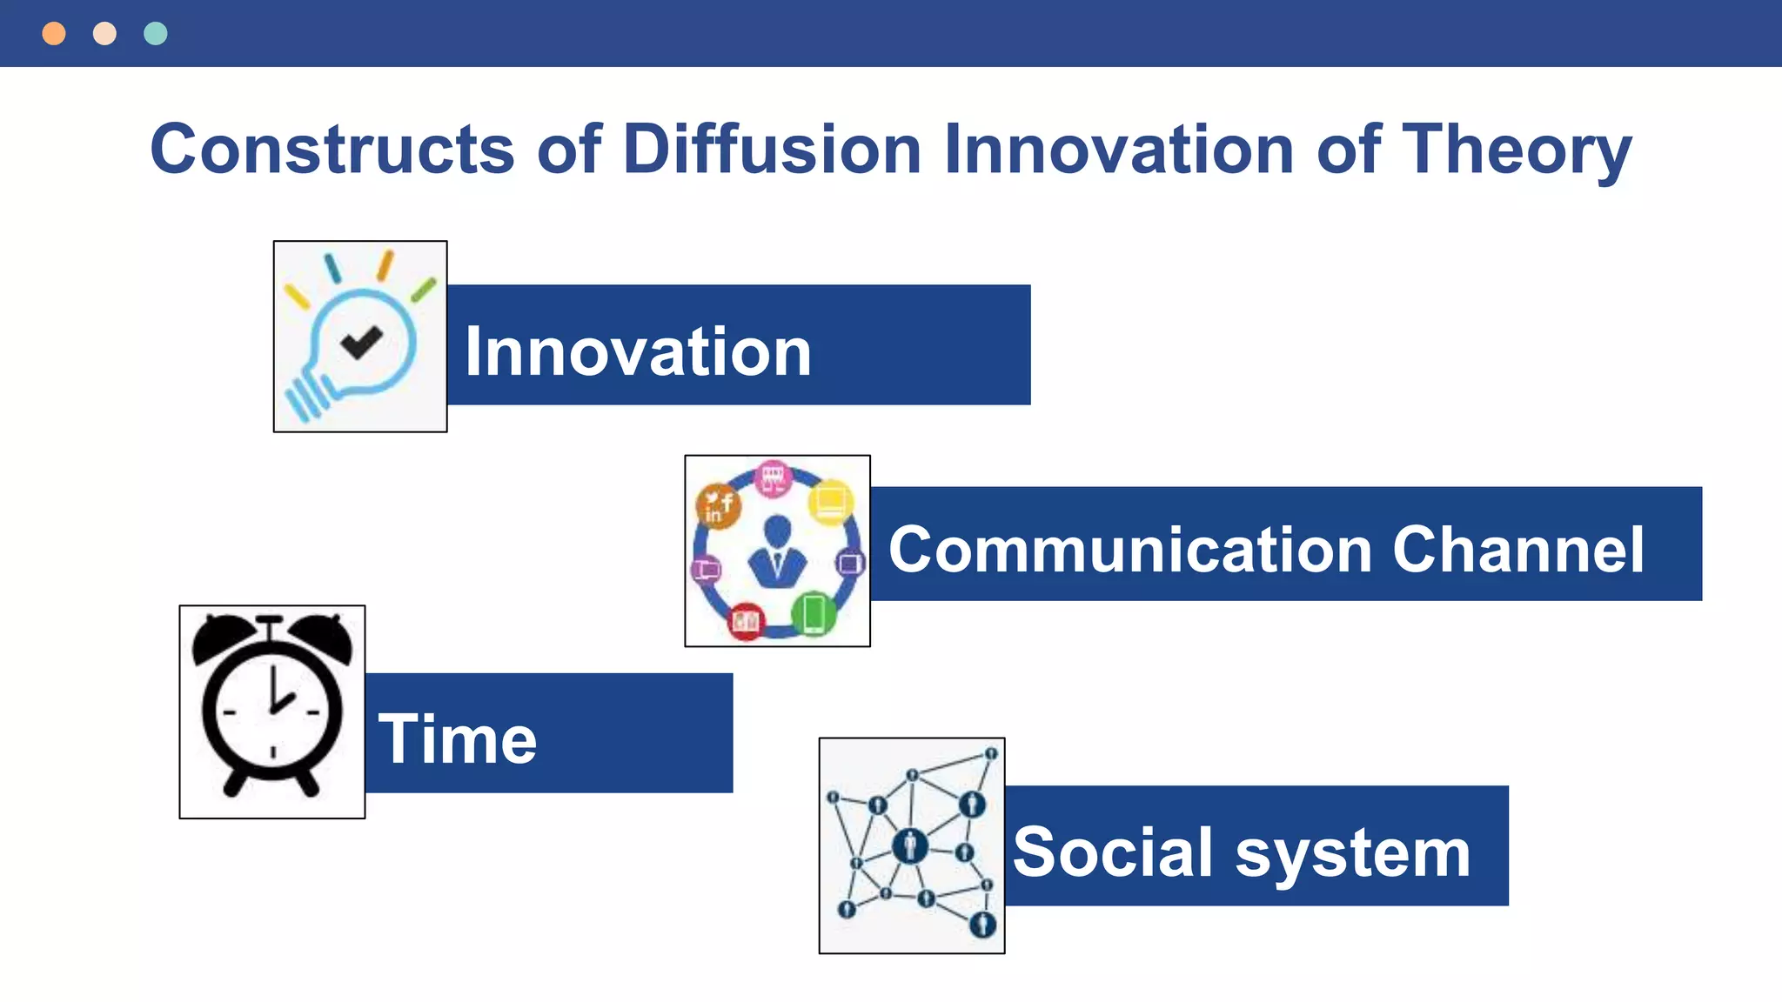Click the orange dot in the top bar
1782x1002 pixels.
(x=54, y=34)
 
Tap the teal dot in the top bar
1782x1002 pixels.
(x=156, y=34)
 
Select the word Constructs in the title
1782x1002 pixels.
(x=332, y=150)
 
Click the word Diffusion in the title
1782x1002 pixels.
(x=772, y=150)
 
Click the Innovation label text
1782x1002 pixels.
(x=638, y=351)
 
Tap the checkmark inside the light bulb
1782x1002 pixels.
(x=361, y=341)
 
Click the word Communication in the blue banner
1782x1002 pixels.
(x=1130, y=550)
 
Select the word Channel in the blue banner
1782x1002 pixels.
(x=1517, y=550)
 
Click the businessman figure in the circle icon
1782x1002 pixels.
(x=777, y=553)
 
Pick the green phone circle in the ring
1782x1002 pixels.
(x=814, y=614)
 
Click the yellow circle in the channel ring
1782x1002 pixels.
(x=831, y=503)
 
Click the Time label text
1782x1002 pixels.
(x=458, y=739)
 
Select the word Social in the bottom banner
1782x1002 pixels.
(x=1113, y=852)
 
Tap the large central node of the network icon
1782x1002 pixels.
(x=910, y=845)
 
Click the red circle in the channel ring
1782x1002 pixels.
(x=746, y=621)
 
